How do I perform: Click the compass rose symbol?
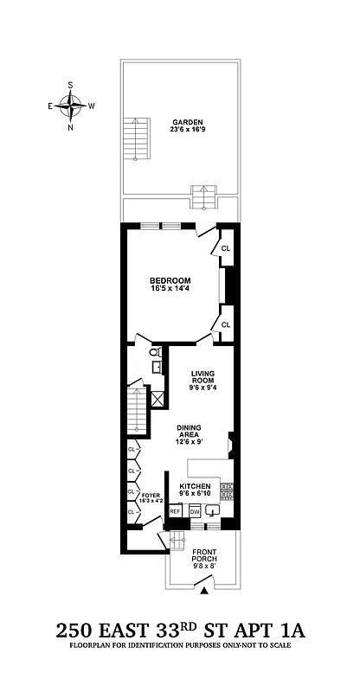[71, 106]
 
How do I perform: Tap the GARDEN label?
[185, 122]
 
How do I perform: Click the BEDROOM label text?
[170, 280]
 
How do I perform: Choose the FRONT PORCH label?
[204, 555]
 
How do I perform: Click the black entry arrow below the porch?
[204, 592]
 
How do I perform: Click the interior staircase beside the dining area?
[137, 413]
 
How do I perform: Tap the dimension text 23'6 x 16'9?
[185, 131]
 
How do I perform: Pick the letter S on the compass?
[71, 85]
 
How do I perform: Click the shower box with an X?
[158, 399]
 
